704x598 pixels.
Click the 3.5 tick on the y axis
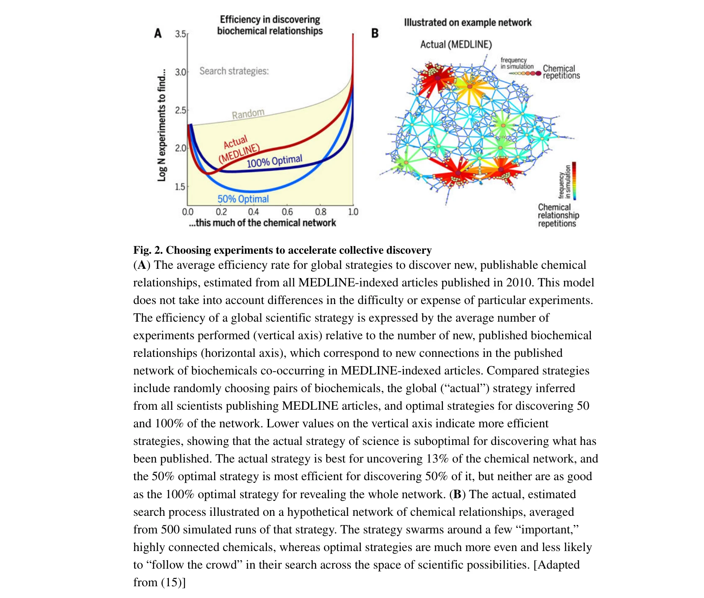(x=181, y=34)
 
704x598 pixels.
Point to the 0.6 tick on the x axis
(x=287, y=212)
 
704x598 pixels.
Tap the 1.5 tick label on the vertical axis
(x=180, y=187)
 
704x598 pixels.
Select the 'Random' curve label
(x=248, y=114)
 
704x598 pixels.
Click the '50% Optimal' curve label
(x=243, y=199)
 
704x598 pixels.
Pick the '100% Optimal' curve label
(x=274, y=161)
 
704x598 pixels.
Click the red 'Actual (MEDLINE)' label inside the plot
(x=238, y=149)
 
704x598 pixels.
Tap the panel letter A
(x=158, y=33)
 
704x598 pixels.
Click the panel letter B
(x=375, y=33)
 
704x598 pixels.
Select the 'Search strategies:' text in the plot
(x=234, y=71)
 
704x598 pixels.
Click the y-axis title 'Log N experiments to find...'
(x=162, y=125)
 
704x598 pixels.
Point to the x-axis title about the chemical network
(x=262, y=223)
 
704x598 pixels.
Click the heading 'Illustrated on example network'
(x=468, y=23)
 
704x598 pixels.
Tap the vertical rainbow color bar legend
(x=574, y=181)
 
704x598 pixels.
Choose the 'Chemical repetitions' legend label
(x=561, y=72)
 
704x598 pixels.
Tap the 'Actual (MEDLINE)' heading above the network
(x=456, y=44)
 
